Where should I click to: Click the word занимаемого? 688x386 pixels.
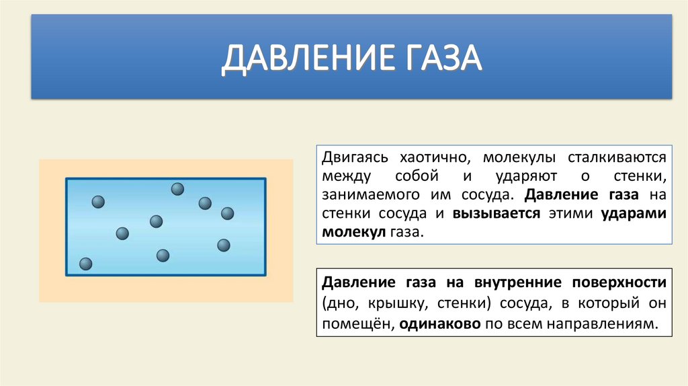(x=361, y=195)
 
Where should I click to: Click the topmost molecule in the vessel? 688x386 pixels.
(x=177, y=189)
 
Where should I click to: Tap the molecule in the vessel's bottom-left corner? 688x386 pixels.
(x=85, y=264)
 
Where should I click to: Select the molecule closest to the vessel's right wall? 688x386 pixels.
(x=227, y=213)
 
